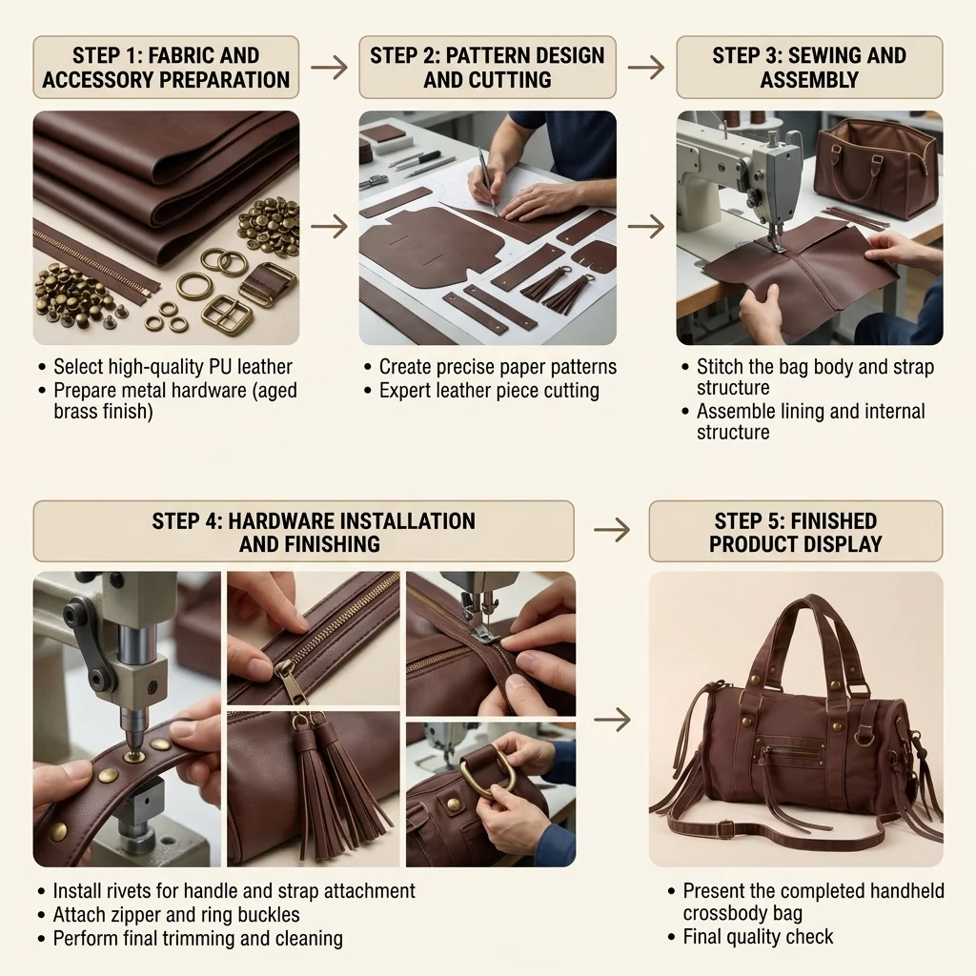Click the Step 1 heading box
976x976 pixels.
[166, 68]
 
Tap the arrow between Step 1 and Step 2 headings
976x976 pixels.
[329, 68]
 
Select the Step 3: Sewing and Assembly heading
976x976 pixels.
[809, 68]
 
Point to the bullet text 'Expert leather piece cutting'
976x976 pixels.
[489, 390]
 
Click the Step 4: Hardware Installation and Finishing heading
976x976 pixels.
[304, 532]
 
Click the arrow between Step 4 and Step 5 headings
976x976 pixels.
[613, 530]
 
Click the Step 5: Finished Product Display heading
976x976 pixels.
[796, 532]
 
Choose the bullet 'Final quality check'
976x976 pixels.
[758, 937]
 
